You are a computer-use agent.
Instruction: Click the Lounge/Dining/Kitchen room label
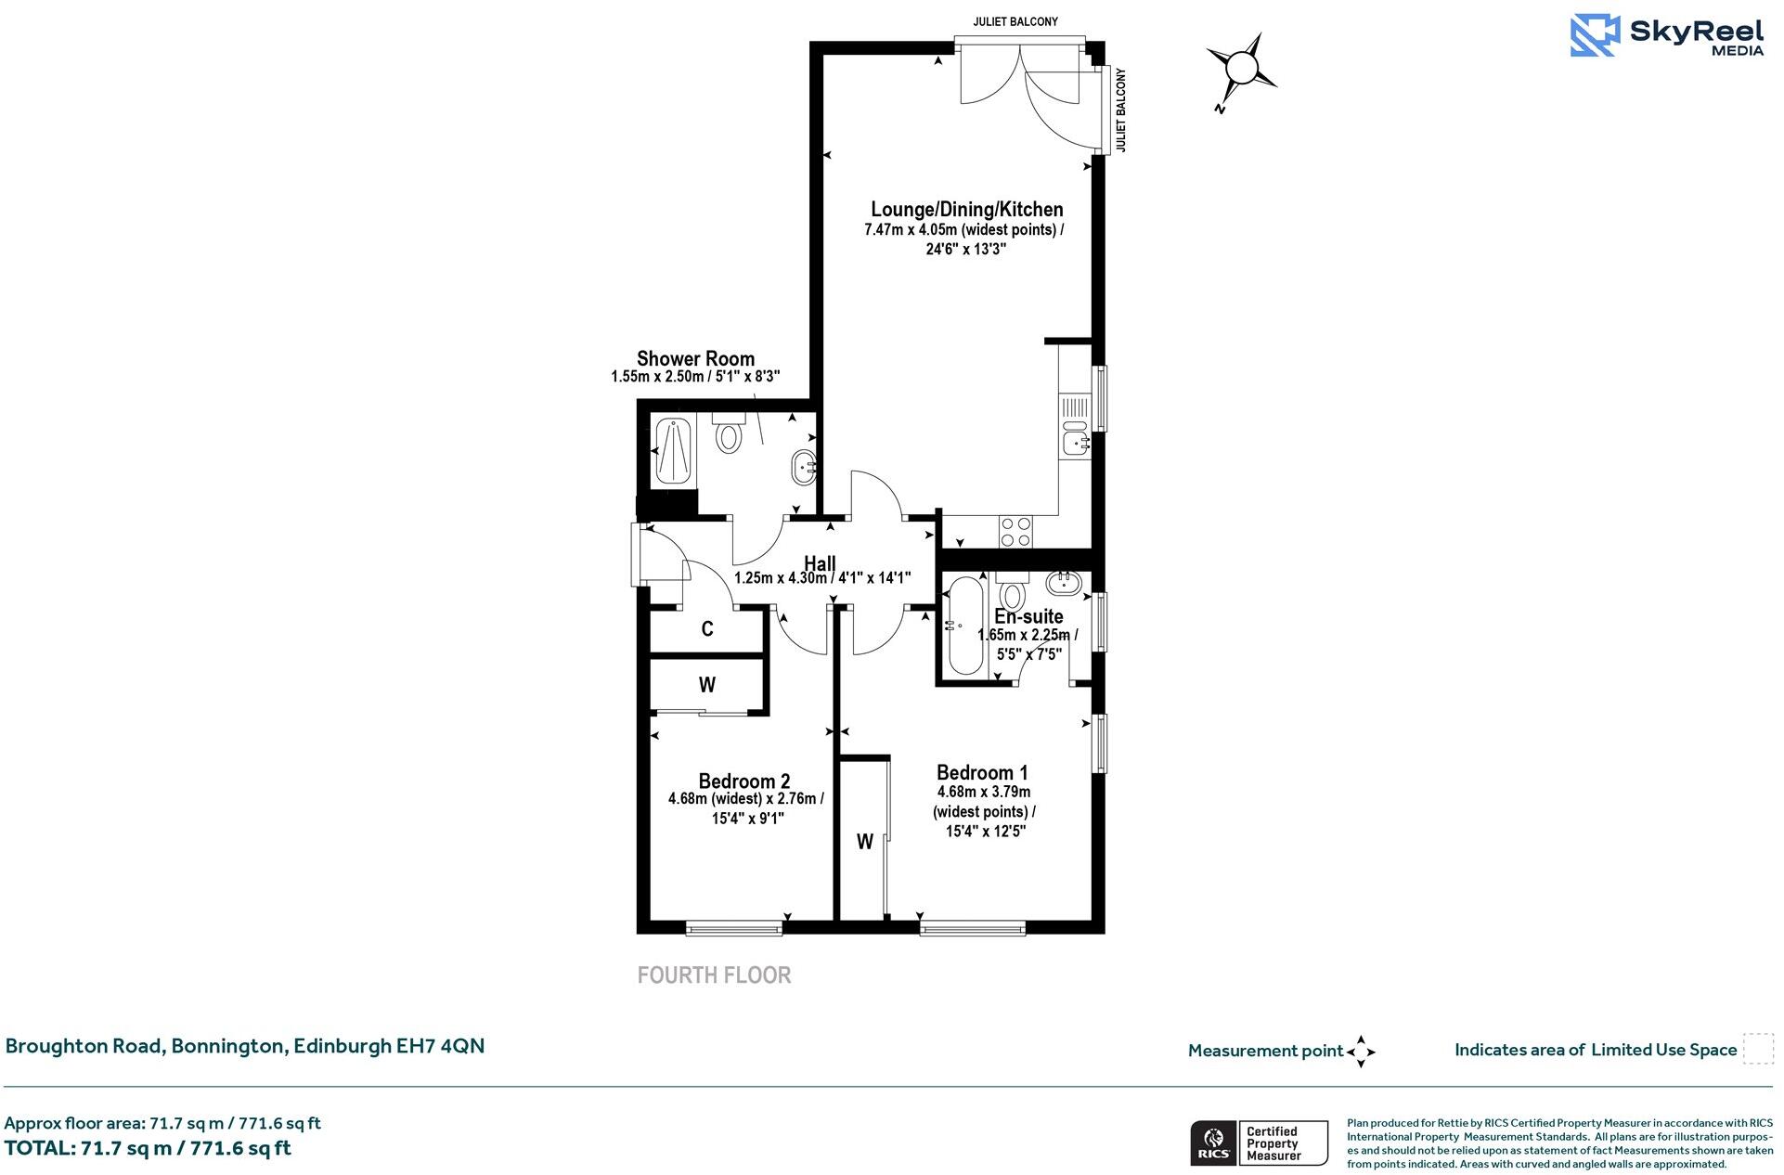[966, 210]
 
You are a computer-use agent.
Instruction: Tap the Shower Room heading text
[695, 359]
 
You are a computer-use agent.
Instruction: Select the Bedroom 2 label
[744, 781]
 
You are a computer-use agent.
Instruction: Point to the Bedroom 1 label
[982, 772]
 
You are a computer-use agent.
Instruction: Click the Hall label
[820, 563]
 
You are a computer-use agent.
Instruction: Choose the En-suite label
[1028, 616]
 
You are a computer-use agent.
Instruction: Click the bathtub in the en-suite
[964, 627]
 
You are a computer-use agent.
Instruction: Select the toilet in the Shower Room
[729, 433]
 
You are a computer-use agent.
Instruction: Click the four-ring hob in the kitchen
[1015, 532]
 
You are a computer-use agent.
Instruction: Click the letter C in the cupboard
[707, 629]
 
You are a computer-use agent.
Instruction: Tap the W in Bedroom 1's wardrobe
[864, 842]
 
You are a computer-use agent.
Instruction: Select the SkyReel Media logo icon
[1595, 35]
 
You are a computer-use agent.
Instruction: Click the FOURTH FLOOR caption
[714, 975]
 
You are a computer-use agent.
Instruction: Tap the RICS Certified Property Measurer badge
[1259, 1143]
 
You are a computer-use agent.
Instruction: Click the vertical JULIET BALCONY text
[1120, 110]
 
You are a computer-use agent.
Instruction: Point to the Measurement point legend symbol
[1360, 1052]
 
